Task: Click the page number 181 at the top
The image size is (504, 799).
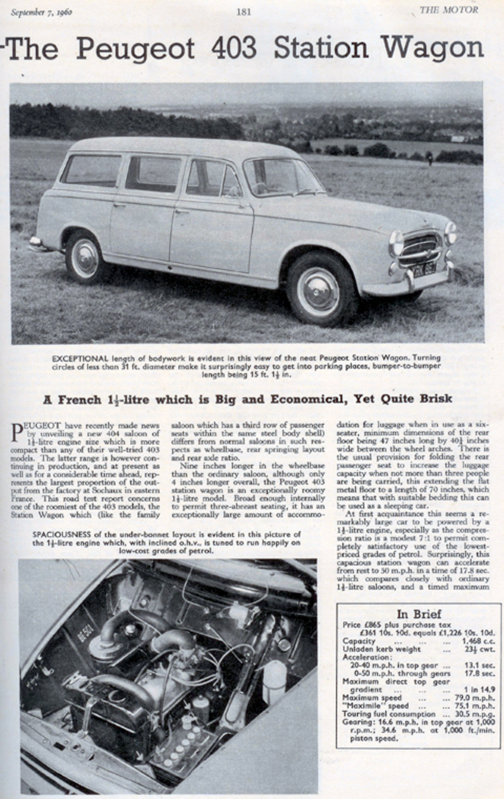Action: [244, 11]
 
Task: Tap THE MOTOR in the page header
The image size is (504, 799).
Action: [448, 10]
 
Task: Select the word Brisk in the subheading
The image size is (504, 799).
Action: [432, 398]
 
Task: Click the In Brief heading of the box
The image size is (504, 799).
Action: [418, 613]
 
